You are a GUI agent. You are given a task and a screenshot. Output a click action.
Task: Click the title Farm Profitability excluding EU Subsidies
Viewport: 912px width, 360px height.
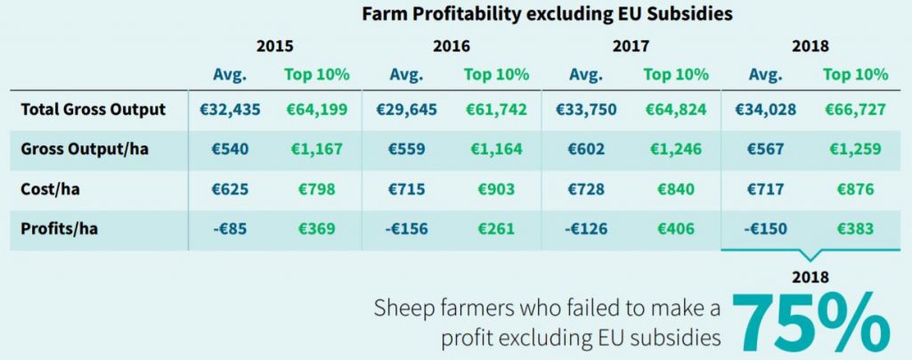(x=547, y=14)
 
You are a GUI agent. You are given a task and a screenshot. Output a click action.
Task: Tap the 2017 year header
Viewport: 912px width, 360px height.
(x=631, y=46)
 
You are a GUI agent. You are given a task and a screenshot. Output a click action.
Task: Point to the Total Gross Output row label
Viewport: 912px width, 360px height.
(x=94, y=110)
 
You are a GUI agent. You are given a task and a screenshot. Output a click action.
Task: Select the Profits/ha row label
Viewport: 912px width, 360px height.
(x=59, y=228)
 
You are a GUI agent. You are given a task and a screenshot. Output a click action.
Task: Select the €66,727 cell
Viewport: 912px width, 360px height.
(x=855, y=110)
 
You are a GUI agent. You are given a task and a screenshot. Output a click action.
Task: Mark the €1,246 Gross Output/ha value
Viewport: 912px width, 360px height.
(x=675, y=150)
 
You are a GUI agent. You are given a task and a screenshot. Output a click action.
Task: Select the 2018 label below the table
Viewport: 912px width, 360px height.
(x=810, y=277)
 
